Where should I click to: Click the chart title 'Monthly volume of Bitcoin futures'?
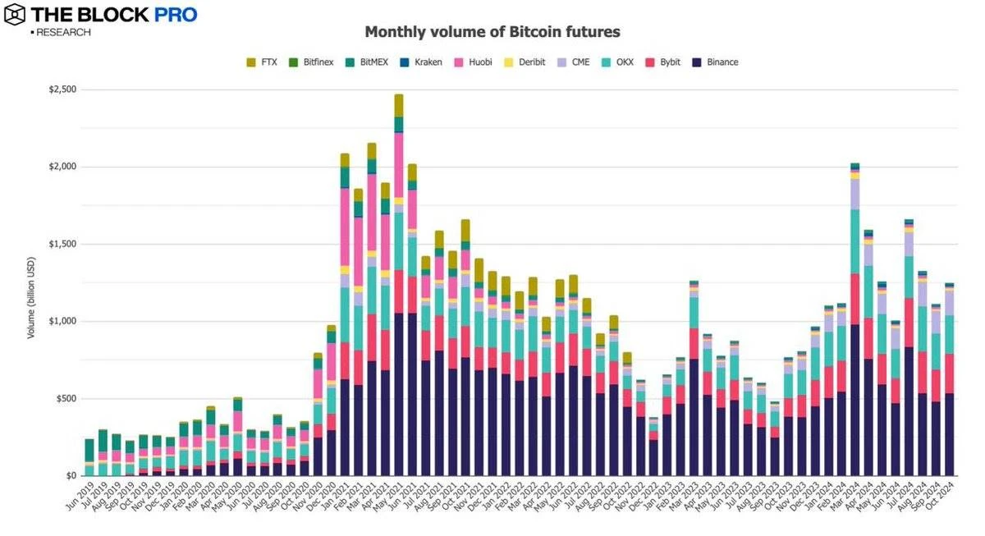(x=492, y=32)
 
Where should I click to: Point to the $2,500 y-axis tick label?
(x=62, y=89)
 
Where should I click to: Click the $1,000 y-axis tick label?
(x=62, y=321)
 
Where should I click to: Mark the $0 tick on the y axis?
(x=71, y=475)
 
